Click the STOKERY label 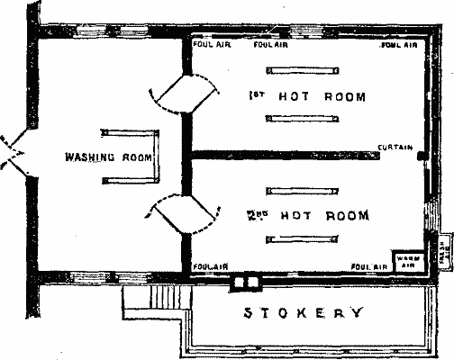304,314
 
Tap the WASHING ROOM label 106,155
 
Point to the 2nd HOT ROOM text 307,215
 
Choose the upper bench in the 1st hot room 302,69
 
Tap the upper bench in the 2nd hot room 302,189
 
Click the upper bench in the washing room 132,130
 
